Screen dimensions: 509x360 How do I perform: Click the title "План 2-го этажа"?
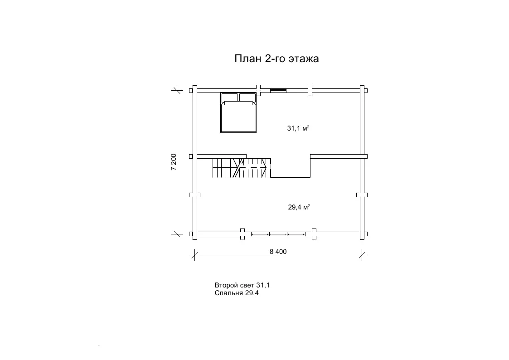tap(276, 58)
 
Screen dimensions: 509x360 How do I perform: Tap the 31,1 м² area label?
tap(298, 128)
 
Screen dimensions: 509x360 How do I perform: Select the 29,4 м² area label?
tap(299, 207)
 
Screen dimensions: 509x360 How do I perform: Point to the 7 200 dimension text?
tap(173, 162)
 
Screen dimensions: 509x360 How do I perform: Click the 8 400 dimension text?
tap(278, 252)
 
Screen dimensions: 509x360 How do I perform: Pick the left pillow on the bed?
tap(229, 97)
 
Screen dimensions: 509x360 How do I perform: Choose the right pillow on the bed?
tap(247, 97)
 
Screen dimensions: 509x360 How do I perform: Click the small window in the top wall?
tap(278, 90)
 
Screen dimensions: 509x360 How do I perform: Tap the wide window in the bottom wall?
tap(278, 234)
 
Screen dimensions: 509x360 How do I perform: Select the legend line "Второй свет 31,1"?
tap(242, 285)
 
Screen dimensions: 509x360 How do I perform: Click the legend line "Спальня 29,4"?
tap(237, 293)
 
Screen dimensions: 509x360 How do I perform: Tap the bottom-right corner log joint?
tap(362, 234)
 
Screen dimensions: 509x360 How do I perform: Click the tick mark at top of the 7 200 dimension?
tap(177, 90)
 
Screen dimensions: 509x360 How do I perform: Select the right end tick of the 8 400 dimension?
tap(362, 255)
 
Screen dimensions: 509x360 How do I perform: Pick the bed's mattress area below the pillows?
tap(238, 117)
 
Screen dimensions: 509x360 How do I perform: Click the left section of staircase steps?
tap(223, 168)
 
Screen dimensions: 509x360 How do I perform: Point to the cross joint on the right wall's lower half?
tap(362, 195)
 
